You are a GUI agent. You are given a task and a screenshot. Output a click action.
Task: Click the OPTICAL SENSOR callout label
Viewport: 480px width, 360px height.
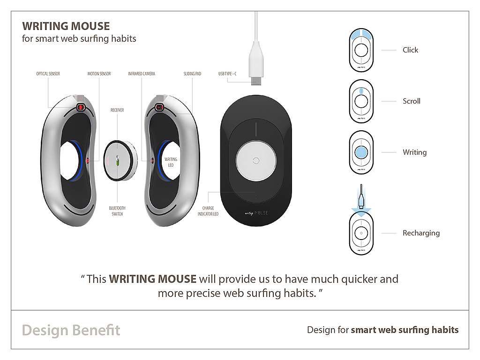pos(48,74)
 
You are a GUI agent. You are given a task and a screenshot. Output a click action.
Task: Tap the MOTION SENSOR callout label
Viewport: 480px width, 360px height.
pos(99,74)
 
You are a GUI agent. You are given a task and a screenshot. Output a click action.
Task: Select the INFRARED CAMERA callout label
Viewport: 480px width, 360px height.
pos(142,74)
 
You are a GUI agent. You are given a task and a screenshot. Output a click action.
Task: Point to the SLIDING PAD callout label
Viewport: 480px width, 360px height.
pos(192,74)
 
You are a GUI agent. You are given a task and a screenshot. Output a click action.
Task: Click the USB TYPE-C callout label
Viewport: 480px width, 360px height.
pos(227,74)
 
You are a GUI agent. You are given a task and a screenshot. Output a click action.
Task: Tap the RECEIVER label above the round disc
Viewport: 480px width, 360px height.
pos(117,110)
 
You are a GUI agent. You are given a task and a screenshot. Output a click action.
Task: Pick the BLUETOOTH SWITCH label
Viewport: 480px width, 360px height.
pos(117,211)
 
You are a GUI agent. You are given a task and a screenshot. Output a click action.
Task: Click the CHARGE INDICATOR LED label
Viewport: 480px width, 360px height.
pos(208,211)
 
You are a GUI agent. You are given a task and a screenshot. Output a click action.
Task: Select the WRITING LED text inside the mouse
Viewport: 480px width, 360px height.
pos(171,162)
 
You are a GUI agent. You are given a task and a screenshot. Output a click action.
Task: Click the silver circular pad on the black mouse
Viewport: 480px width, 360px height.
pos(256,161)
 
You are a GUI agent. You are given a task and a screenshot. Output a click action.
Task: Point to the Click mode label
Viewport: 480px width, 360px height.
pos(410,50)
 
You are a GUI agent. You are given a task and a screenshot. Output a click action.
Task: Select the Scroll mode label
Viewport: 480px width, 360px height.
pos(412,101)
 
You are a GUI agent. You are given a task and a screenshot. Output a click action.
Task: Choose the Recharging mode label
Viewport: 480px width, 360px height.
pos(421,233)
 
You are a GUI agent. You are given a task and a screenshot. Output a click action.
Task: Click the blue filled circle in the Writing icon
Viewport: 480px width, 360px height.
pos(361,152)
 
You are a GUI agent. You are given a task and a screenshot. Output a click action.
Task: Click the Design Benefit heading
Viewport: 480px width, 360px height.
pos(71,330)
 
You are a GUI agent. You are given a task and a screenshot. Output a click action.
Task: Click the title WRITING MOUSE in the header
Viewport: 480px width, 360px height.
pos(66,26)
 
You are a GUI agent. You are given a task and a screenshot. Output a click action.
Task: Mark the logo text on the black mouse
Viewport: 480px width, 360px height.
pos(256,213)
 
